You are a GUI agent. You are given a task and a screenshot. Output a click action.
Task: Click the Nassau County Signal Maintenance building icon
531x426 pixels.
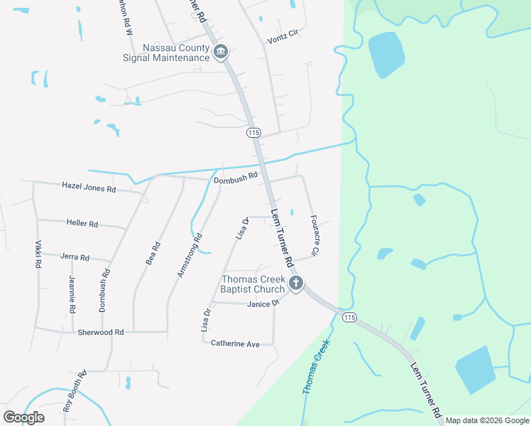coord(221,52)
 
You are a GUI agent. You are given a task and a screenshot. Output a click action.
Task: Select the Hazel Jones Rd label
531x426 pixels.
coord(89,189)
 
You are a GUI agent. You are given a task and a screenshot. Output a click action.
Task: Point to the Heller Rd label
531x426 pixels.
coord(82,223)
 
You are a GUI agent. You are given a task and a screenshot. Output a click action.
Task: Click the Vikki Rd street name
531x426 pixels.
coord(38,253)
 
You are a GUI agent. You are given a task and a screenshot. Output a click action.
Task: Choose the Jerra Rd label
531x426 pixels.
coord(75,257)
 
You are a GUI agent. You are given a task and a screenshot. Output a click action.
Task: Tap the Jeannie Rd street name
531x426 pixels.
coord(72,295)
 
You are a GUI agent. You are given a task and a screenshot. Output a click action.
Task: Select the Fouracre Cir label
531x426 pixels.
coord(316,236)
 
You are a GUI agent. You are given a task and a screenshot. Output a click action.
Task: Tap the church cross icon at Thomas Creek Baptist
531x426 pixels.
coord(296,285)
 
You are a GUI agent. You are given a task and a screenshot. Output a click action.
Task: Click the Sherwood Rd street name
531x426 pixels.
coord(101,332)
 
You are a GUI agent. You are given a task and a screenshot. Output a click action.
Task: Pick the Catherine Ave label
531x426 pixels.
coord(235,343)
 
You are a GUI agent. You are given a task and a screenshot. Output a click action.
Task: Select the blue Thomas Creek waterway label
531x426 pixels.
coord(317,367)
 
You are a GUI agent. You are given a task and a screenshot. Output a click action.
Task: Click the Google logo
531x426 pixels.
coord(23,417)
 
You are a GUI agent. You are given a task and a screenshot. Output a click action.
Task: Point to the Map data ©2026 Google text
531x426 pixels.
coord(486,420)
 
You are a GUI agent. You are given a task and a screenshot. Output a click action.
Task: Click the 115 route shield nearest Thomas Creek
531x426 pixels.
coord(348,317)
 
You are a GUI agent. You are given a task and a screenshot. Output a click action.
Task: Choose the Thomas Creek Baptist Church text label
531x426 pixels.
coord(253,284)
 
